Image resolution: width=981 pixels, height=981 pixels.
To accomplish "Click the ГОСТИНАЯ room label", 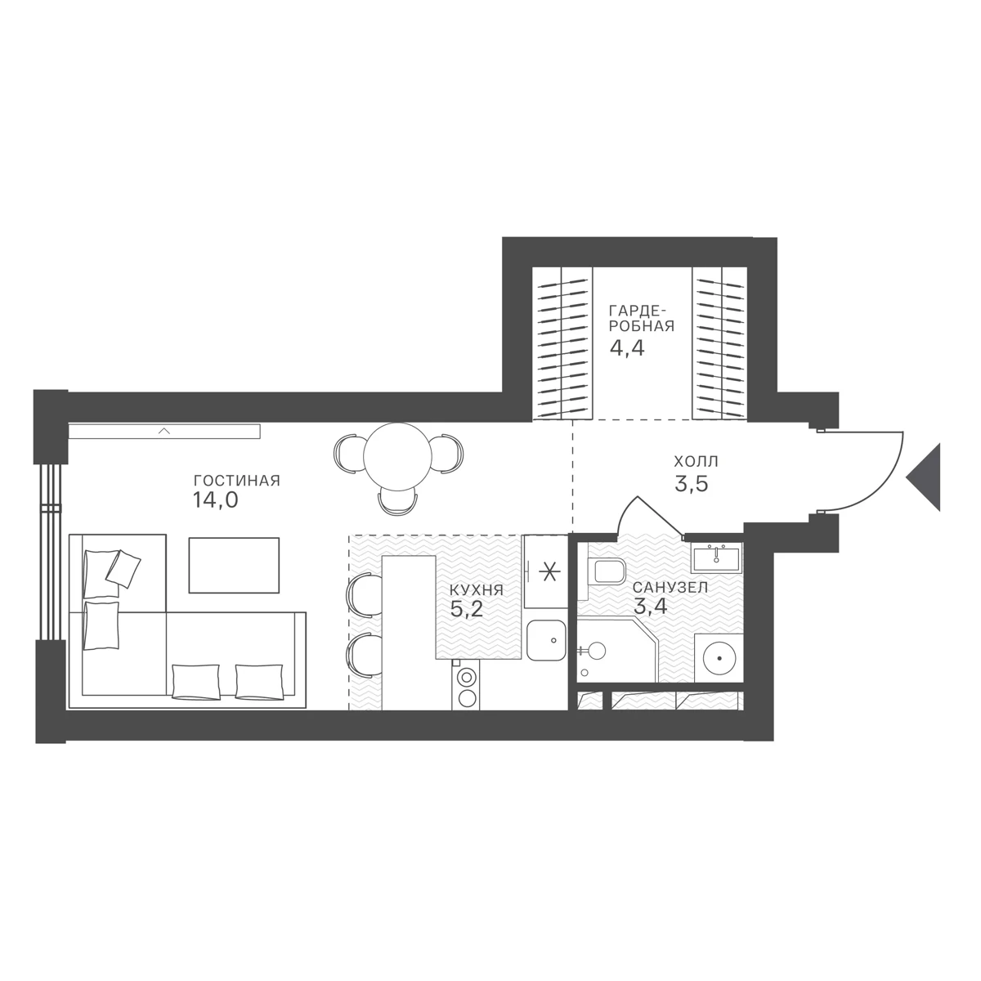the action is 237,481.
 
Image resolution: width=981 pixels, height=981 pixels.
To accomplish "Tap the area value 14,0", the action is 215,501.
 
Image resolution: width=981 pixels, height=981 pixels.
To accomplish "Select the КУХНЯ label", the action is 476,590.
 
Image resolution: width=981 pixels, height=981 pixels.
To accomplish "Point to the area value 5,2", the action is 466,609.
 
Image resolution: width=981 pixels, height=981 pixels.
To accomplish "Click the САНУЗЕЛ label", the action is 670,587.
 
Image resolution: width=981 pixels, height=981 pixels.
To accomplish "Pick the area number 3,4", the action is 651,607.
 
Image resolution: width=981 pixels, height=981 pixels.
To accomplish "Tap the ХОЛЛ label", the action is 696,462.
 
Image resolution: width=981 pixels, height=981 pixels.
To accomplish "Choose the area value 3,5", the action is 692,484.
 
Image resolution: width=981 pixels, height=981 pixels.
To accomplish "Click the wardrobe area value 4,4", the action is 627,348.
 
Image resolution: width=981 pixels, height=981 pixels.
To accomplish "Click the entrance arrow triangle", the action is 922,477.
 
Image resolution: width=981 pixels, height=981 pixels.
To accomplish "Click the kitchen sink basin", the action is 546,640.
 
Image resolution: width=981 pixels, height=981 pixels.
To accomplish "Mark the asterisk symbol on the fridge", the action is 549,573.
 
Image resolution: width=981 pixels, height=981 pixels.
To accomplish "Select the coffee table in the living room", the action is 234,565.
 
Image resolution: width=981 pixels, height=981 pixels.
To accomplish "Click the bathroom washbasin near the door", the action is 716,557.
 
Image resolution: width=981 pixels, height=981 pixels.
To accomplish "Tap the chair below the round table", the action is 397,501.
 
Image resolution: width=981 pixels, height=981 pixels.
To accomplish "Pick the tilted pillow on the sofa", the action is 123,569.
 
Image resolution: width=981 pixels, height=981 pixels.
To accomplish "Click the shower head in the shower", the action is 597,650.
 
